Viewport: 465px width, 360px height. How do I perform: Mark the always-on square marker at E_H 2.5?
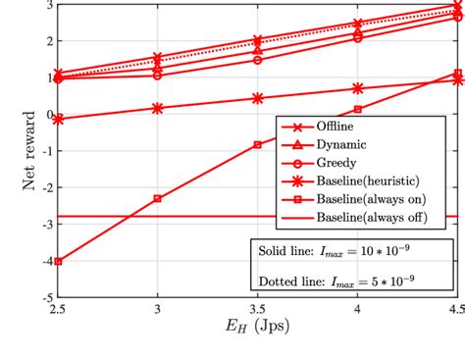pos(59,261)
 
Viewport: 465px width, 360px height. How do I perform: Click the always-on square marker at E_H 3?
pos(158,198)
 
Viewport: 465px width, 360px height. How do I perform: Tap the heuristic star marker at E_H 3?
pos(158,108)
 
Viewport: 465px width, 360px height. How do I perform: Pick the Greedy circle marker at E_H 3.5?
pos(258,60)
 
